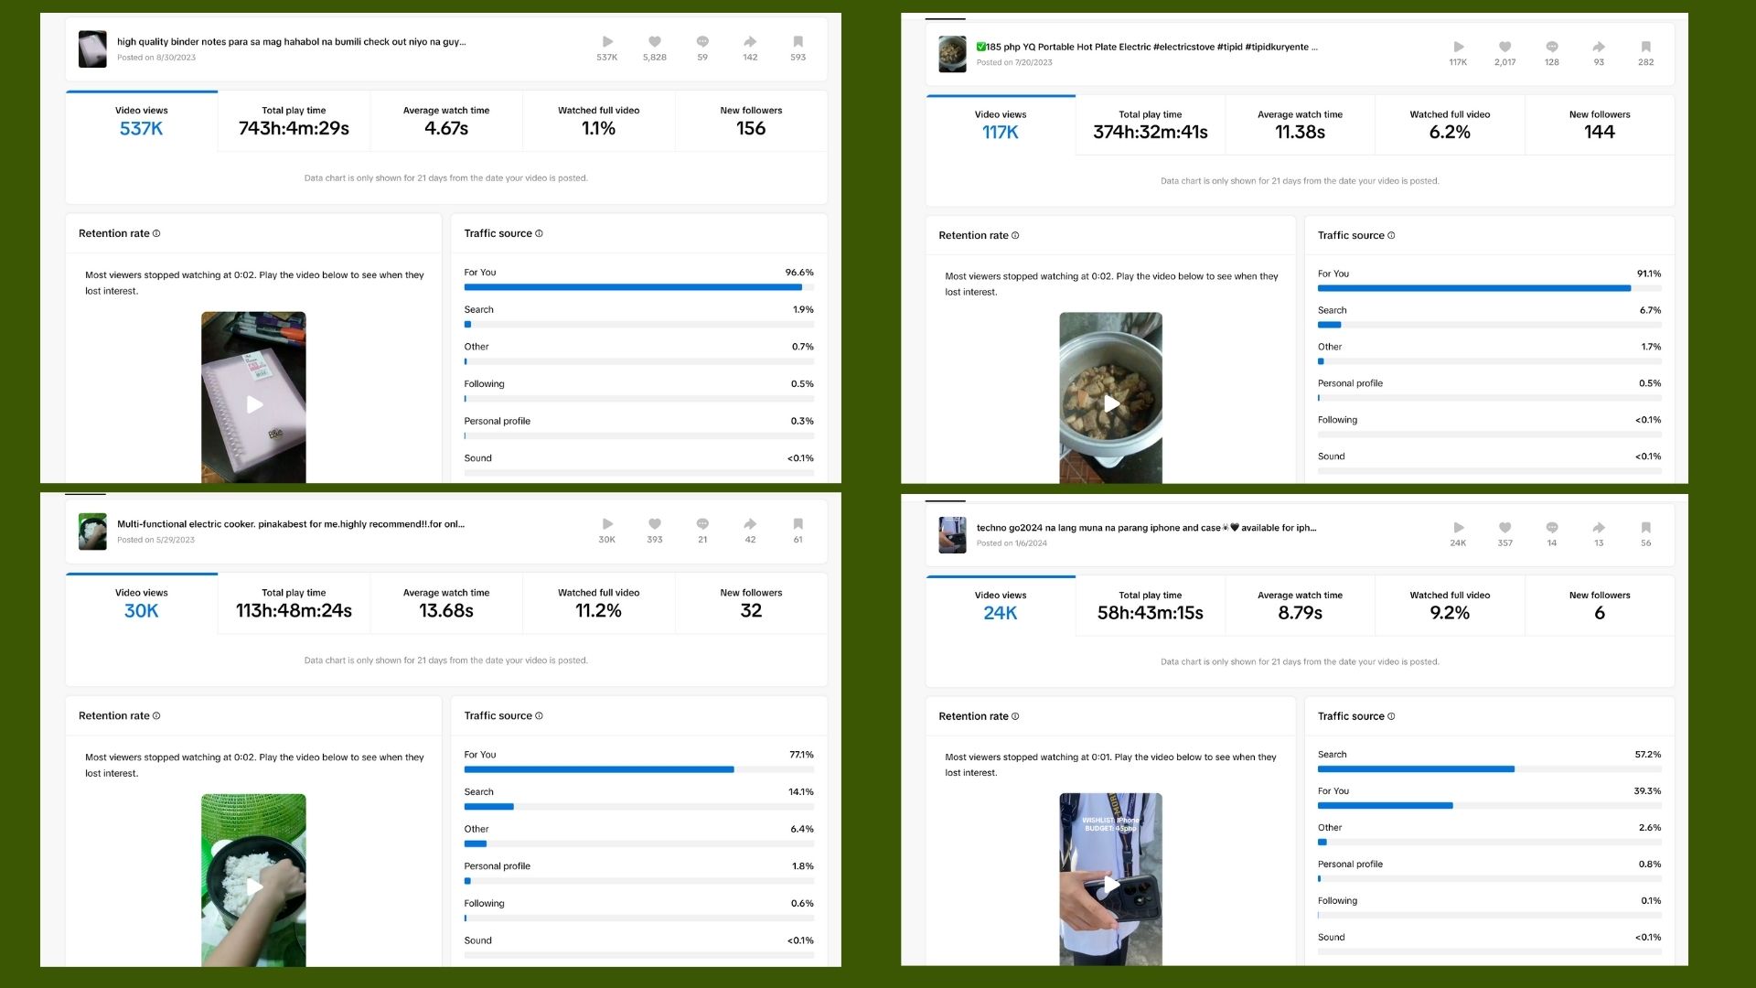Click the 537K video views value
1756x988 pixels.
click(141, 129)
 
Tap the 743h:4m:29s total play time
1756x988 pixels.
click(294, 129)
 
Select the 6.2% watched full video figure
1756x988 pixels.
click(1450, 133)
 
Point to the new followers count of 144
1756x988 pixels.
click(1600, 133)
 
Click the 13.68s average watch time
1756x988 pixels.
click(446, 611)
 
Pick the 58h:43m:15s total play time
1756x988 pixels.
click(1151, 613)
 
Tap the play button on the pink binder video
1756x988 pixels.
click(254, 404)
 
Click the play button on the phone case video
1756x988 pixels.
click(1111, 885)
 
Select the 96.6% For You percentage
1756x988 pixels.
click(799, 273)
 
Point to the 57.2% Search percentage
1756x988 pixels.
click(1647, 755)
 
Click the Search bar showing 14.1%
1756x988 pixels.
click(489, 807)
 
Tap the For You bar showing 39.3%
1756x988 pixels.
click(1385, 806)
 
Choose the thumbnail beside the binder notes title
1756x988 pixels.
click(92, 48)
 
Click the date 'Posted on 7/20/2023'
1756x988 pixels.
click(1014, 63)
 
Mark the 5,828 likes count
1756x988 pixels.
click(655, 58)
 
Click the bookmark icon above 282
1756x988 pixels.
click(1645, 47)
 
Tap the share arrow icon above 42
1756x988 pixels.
click(750, 524)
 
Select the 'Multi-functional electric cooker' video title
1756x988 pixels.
click(291, 524)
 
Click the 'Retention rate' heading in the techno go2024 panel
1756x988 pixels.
click(973, 716)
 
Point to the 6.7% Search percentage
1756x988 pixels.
click(1650, 310)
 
